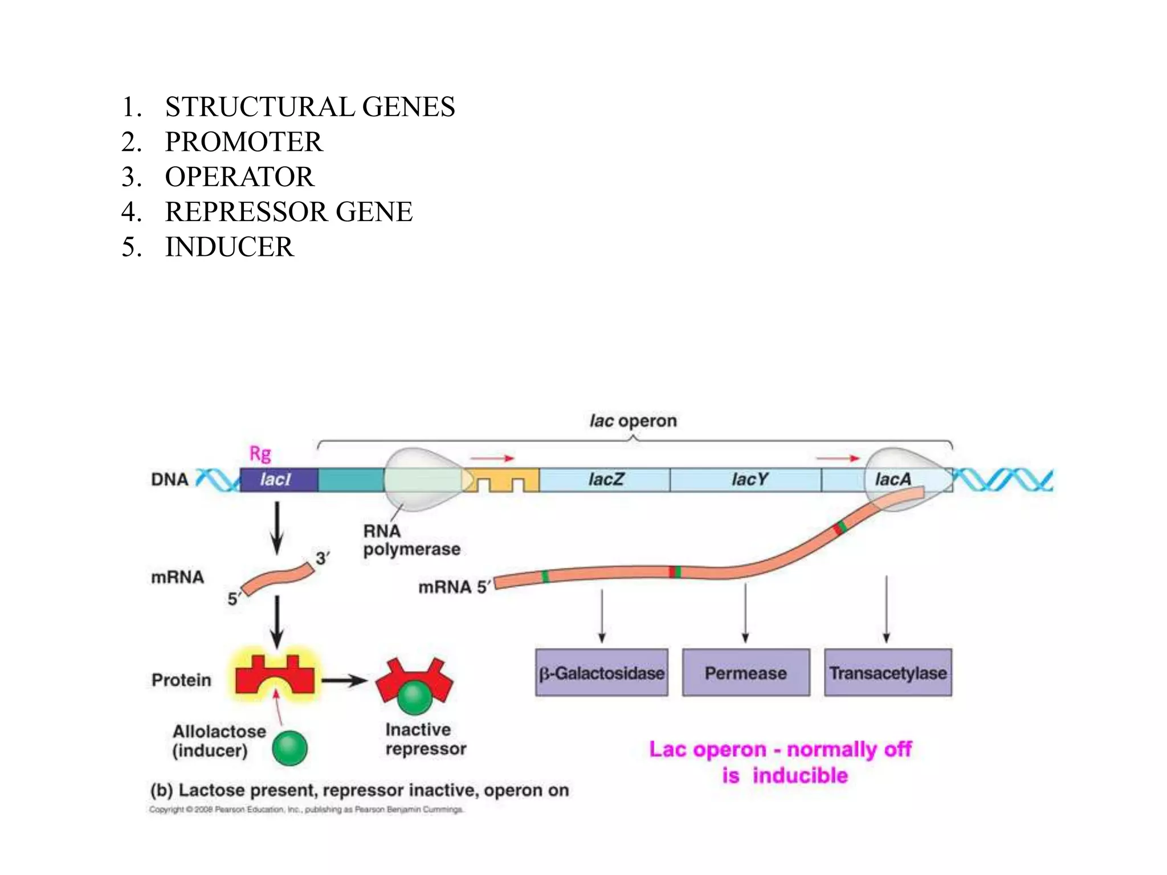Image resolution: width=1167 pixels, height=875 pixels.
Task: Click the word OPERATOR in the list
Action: [x=239, y=177]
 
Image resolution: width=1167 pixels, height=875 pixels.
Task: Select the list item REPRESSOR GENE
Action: [x=288, y=212]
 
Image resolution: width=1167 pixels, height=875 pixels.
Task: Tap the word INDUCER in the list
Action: [x=229, y=247]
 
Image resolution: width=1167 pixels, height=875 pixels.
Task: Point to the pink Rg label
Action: [x=260, y=454]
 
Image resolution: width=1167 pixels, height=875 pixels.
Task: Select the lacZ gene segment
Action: [x=605, y=480]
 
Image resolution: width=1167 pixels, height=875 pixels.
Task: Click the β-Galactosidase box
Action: [x=602, y=673]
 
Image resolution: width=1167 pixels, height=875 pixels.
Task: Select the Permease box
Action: [x=745, y=673]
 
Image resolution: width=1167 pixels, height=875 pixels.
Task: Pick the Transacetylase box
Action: [x=888, y=673]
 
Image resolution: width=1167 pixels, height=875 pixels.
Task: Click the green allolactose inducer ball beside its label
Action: [x=289, y=748]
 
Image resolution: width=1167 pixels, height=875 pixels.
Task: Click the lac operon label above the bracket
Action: [x=633, y=421]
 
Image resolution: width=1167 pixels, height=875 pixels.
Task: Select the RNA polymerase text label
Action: [x=411, y=540]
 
